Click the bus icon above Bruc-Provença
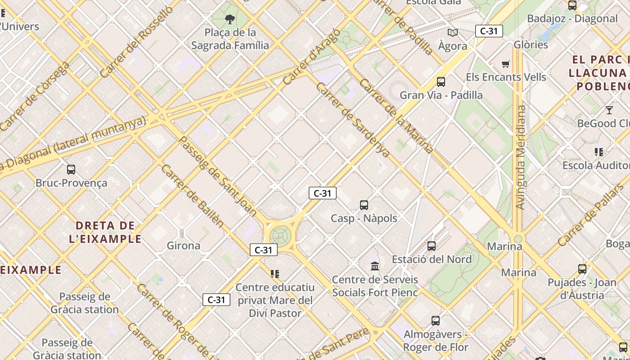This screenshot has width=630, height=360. (x=71, y=170)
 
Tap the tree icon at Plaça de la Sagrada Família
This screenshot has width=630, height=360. (x=230, y=19)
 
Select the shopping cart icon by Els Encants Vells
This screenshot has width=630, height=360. (x=505, y=64)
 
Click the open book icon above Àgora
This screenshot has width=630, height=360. (x=452, y=32)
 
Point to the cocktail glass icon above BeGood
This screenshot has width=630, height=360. (x=609, y=110)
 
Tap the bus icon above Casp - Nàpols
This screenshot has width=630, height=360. (x=364, y=205)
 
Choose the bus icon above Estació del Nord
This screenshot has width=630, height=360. (x=432, y=246)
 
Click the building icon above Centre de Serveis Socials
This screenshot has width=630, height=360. (x=375, y=266)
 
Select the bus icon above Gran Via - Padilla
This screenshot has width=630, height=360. (x=441, y=82)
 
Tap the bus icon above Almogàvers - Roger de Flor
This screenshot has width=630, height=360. (x=435, y=321)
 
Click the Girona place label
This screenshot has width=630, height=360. (x=184, y=246)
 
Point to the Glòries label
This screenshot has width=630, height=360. (x=531, y=45)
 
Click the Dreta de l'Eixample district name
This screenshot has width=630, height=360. (x=105, y=232)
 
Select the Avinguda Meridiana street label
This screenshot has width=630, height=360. (x=521, y=157)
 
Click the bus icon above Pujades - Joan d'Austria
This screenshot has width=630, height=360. (x=582, y=269)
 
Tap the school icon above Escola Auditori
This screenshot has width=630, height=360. (x=598, y=152)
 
